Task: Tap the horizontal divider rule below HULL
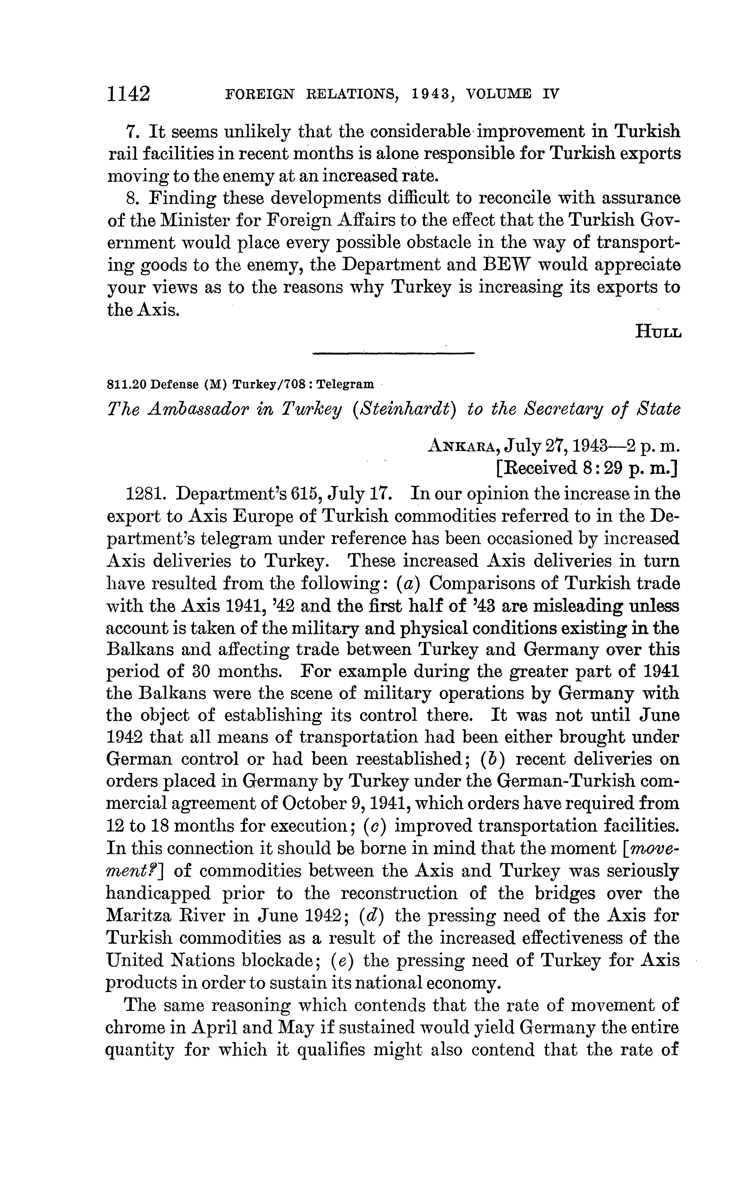coord(393,354)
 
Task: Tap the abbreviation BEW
coord(504,265)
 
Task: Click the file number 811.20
coord(127,385)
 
